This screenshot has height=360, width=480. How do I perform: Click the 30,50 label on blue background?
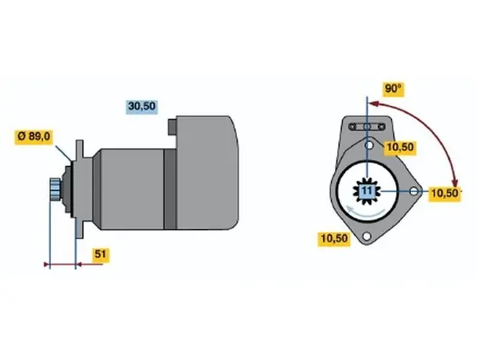(x=142, y=106)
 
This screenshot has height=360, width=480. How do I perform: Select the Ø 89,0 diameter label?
(x=34, y=136)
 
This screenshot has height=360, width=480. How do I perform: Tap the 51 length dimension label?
(x=100, y=254)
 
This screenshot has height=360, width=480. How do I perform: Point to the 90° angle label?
(x=393, y=89)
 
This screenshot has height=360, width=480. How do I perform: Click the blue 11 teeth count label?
(x=367, y=191)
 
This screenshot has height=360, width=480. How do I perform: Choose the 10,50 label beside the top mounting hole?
(x=400, y=147)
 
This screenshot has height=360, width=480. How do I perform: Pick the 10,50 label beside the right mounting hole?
(x=445, y=194)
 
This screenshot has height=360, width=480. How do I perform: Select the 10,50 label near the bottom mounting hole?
(x=334, y=238)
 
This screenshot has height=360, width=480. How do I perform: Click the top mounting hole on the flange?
(x=369, y=145)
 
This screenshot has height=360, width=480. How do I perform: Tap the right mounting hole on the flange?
(x=413, y=191)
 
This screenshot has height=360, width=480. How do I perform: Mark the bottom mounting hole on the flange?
(x=366, y=236)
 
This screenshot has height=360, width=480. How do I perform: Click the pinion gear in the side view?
(x=56, y=189)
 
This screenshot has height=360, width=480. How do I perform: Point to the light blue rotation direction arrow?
(x=365, y=212)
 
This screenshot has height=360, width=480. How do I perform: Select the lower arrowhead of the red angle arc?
(x=456, y=182)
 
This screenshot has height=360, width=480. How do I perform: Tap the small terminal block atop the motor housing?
(x=172, y=126)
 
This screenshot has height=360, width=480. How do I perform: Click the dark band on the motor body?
(x=170, y=189)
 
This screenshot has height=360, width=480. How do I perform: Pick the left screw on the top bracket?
(x=353, y=126)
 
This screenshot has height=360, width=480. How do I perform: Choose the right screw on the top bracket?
(x=381, y=126)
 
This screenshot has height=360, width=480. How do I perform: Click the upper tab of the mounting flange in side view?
(x=79, y=149)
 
